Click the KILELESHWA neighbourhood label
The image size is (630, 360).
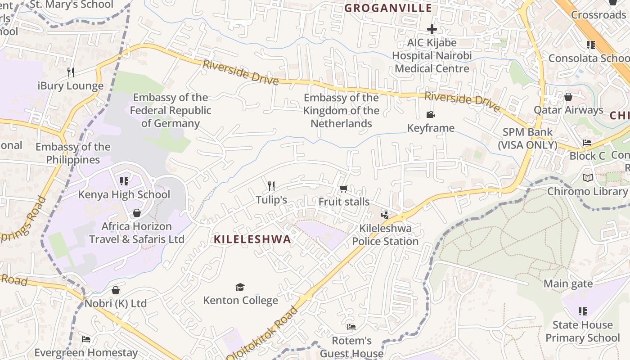pyautogui.click(x=252, y=239)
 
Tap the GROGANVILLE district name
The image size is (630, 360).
pyautogui.click(x=388, y=8)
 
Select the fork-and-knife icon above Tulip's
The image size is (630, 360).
pyautogui.click(x=271, y=186)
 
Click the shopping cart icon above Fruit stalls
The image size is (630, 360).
pyautogui.click(x=343, y=189)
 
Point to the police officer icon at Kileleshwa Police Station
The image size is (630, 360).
pyautogui.click(x=385, y=215)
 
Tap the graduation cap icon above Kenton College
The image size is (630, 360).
pyautogui.click(x=240, y=287)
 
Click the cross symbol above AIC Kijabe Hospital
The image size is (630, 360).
pyautogui.click(x=432, y=30)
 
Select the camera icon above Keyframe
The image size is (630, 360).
pyautogui.click(x=431, y=115)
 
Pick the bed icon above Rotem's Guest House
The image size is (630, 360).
pyautogui.click(x=351, y=327)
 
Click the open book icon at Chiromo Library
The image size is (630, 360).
pyautogui.click(x=587, y=178)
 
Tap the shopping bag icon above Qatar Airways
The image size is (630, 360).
pyautogui.click(x=568, y=97)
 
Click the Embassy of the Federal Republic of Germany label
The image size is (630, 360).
pyautogui.click(x=171, y=110)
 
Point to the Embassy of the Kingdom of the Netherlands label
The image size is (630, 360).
pyautogui.click(x=341, y=110)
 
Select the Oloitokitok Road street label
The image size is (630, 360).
pyautogui.click(x=263, y=333)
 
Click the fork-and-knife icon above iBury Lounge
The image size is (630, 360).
pyautogui.click(x=70, y=72)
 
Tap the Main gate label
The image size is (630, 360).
pyautogui.click(x=568, y=284)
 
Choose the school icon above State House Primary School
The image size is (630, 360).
pyautogui.click(x=583, y=311)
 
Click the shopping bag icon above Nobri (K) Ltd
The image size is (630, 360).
pyautogui.click(x=116, y=290)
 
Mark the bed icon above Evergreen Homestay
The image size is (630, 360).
pyautogui.click(x=86, y=339)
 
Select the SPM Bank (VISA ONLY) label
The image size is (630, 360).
pyautogui.click(x=527, y=139)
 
